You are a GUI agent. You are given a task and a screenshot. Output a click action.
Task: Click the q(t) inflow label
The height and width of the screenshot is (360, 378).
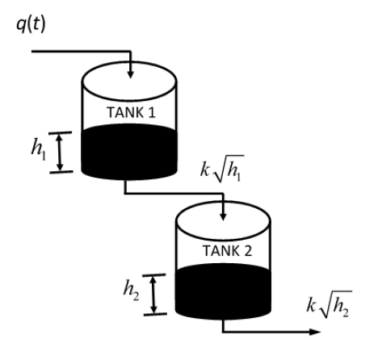point(31,24)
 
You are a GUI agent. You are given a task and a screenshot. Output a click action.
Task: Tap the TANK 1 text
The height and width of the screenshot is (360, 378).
point(132,112)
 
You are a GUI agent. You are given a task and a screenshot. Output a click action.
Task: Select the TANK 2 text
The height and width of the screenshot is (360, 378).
point(227,251)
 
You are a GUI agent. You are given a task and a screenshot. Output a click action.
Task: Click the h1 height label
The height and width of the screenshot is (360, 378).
point(39,149)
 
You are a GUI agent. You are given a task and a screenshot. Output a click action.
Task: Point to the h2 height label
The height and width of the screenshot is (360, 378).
point(131,290)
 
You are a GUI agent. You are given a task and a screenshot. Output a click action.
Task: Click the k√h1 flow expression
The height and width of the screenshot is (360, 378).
point(222,169)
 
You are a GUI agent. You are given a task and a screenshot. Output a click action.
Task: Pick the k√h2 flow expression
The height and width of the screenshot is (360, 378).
point(329,305)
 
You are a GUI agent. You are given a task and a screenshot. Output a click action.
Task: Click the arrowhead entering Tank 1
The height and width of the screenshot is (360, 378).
point(131,74)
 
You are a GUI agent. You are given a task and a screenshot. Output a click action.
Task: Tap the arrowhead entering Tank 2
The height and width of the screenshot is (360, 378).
point(223,216)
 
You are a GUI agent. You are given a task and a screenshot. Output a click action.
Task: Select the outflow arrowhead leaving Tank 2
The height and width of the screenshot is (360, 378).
point(315,332)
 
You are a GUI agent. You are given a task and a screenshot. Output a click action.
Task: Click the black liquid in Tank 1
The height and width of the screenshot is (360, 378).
point(129,152)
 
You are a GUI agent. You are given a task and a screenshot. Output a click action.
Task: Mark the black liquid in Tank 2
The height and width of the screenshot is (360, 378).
point(223,291)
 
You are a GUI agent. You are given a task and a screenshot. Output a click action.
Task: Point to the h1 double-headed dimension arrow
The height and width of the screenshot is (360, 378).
point(60,153)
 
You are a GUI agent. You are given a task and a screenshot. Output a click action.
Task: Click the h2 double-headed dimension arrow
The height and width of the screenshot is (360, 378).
point(153,295)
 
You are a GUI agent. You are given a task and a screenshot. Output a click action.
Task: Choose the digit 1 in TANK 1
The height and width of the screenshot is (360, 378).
point(153,112)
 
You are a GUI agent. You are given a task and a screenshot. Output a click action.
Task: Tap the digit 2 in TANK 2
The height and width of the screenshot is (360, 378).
point(248,251)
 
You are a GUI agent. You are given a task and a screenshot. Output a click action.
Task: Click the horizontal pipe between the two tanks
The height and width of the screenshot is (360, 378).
point(174,193)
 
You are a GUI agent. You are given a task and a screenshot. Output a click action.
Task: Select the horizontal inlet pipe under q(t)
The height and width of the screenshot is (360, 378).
point(82,51)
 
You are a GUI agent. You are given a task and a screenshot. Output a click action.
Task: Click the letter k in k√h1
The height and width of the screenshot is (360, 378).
point(204,170)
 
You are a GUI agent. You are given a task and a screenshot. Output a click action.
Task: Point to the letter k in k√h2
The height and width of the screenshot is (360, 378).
point(311,305)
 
